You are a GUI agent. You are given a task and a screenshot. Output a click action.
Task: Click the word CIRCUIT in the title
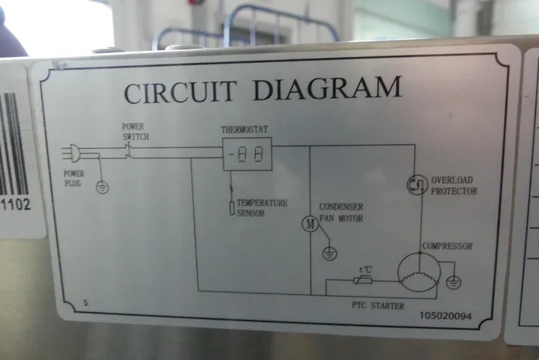(x=182, y=92)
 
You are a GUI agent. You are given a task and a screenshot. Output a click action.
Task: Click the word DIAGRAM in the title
(x=326, y=88)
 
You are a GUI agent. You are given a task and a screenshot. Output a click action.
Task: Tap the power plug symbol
(x=72, y=153)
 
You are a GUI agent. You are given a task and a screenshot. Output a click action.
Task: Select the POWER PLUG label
(x=74, y=177)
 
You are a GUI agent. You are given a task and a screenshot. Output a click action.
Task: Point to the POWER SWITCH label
(x=135, y=132)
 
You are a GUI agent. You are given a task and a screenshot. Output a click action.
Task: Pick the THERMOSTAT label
(x=244, y=130)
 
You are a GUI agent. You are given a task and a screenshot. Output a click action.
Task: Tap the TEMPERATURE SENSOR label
(x=262, y=208)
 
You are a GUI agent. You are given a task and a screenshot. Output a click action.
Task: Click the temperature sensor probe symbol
(x=232, y=207)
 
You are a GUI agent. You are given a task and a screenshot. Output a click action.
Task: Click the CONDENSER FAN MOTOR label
(x=341, y=213)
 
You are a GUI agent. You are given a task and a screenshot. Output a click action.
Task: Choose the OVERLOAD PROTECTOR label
(x=453, y=186)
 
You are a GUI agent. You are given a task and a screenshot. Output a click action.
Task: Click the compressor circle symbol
(x=417, y=270)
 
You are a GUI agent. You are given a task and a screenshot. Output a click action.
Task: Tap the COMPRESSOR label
(x=447, y=245)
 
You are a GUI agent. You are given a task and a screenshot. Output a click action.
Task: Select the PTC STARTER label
(x=377, y=305)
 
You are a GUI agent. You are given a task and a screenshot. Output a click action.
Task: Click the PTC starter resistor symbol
(x=365, y=281)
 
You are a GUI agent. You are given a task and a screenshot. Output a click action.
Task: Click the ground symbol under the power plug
(x=103, y=186)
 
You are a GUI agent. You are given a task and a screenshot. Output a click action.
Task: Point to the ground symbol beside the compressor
(x=454, y=282)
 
